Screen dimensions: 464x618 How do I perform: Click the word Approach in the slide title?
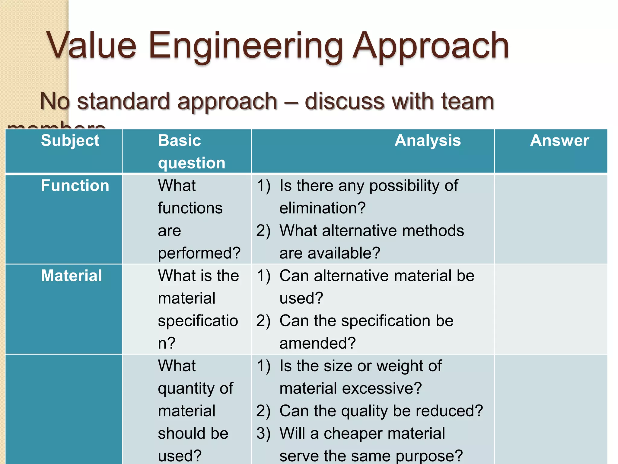click(431, 46)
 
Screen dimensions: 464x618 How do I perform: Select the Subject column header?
click(70, 140)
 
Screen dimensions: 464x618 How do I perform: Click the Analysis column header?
click(428, 140)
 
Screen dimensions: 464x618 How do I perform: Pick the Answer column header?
click(559, 140)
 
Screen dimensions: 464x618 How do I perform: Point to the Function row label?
click(75, 185)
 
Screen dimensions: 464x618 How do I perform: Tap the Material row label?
click(72, 275)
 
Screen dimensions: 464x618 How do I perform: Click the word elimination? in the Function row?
click(323, 208)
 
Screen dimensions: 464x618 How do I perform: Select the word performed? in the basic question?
click(199, 253)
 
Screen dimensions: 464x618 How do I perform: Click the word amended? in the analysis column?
click(318, 343)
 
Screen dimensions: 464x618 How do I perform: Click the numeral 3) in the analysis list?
click(263, 433)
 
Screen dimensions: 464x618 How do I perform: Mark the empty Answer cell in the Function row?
click(551, 219)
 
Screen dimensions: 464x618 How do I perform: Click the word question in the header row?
click(192, 163)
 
